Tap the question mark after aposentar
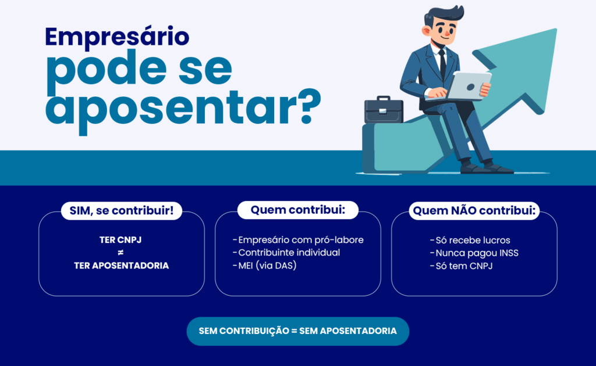tap(310, 107)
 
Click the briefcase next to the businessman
tap(384, 110)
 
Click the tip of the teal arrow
tap(556, 30)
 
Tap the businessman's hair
tap(444, 15)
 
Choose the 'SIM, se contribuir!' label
tap(122, 210)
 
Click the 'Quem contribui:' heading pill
tap(298, 210)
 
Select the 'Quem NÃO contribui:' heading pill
tap(474, 211)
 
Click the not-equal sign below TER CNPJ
tap(120, 253)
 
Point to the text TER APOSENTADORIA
tap(121, 265)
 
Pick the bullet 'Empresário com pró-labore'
tap(298, 240)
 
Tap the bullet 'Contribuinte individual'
tap(286, 253)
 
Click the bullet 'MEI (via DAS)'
tap(264, 265)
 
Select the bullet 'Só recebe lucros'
tap(470, 240)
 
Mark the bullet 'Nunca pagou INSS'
tap(474, 253)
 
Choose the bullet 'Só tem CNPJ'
tap(462, 266)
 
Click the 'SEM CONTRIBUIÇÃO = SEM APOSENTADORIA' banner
tap(298, 331)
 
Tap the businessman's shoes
tap(487, 168)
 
